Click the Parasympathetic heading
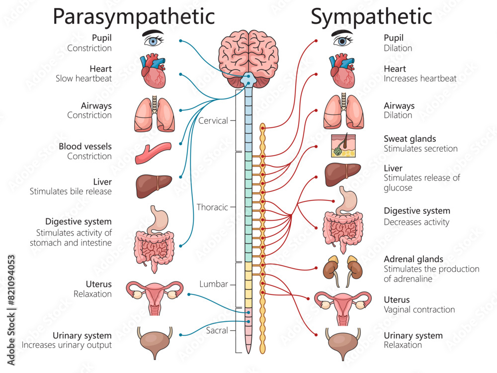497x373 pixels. click(x=134, y=16)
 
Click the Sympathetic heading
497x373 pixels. click(x=371, y=16)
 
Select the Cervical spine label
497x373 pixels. click(x=213, y=120)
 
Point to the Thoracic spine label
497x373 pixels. click(x=212, y=207)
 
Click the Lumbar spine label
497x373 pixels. click(x=214, y=284)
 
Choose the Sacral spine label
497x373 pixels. click(x=217, y=330)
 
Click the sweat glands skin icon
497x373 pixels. click(x=343, y=145)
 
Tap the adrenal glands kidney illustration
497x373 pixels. click(x=343, y=270)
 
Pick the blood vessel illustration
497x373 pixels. click(x=153, y=153)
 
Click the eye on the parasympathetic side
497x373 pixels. click(x=154, y=39)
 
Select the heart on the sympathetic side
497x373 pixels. click(x=342, y=71)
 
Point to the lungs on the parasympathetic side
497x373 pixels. click(x=154, y=114)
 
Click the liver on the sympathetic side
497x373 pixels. click(x=342, y=175)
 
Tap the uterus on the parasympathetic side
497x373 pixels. click(x=154, y=297)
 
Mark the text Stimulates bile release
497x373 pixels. click(x=71, y=191)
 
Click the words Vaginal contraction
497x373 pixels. click(x=419, y=309)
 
